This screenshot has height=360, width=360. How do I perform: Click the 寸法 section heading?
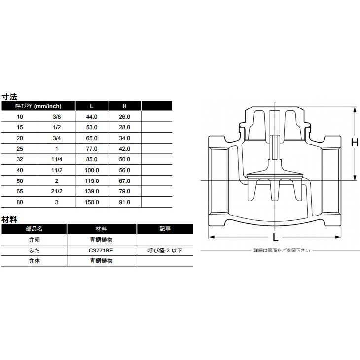tap(10, 97)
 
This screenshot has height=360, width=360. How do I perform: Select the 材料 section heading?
tap(10, 219)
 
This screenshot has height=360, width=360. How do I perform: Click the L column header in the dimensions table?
tap(91, 106)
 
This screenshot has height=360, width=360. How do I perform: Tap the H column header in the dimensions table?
tap(124, 106)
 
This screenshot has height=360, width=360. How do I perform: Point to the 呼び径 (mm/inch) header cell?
tap(38, 106)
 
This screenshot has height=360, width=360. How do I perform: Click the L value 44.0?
tap(92, 117)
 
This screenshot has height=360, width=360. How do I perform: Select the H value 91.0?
tap(124, 202)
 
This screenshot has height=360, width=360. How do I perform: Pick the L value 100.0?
tap(92, 170)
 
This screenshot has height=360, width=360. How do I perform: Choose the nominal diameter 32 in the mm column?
tap(20, 159)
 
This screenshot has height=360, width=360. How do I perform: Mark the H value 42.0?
tap(124, 149)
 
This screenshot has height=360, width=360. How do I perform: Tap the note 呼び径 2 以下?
tap(165, 251)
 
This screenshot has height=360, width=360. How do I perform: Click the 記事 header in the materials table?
tap(165, 229)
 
